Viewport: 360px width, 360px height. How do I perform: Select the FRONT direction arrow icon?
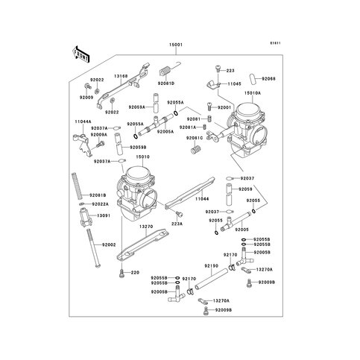click(x=80, y=54)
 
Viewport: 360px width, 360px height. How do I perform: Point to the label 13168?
click(x=121, y=75)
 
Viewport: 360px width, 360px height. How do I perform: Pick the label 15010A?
click(x=250, y=94)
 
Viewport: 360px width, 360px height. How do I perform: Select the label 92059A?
click(x=137, y=107)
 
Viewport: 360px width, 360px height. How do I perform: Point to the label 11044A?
click(x=83, y=121)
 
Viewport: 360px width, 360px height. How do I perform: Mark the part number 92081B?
click(x=100, y=195)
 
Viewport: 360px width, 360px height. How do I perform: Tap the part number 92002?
click(x=110, y=245)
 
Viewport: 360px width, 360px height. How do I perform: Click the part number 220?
click(x=136, y=272)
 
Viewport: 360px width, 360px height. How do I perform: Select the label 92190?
click(x=211, y=265)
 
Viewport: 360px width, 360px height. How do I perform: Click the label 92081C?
click(x=195, y=138)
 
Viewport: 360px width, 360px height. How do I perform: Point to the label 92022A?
click(x=100, y=203)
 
